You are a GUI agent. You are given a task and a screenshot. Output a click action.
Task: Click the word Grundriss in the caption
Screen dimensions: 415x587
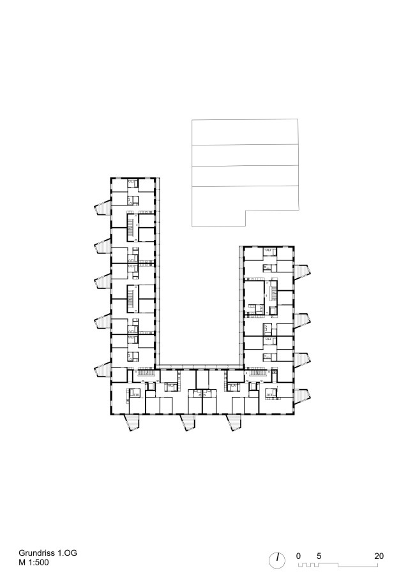click(x=36, y=553)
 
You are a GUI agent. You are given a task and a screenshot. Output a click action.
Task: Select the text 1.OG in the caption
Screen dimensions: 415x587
click(x=68, y=553)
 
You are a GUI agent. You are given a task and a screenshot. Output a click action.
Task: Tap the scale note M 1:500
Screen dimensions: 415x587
click(x=34, y=562)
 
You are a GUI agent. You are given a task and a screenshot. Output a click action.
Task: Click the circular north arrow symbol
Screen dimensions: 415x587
click(x=277, y=561)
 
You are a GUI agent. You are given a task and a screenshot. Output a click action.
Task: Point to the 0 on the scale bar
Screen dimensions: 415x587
click(x=298, y=556)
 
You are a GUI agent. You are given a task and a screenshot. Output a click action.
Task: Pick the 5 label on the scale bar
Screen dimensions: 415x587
click(x=319, y=556)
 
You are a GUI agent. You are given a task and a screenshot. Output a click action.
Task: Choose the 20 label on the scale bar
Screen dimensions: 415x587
click(x=379, y=556)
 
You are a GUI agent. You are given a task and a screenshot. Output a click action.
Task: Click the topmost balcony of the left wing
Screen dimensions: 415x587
click(x=102, y=207)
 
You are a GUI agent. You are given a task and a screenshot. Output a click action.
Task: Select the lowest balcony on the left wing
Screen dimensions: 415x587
click(x=102, y=369)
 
